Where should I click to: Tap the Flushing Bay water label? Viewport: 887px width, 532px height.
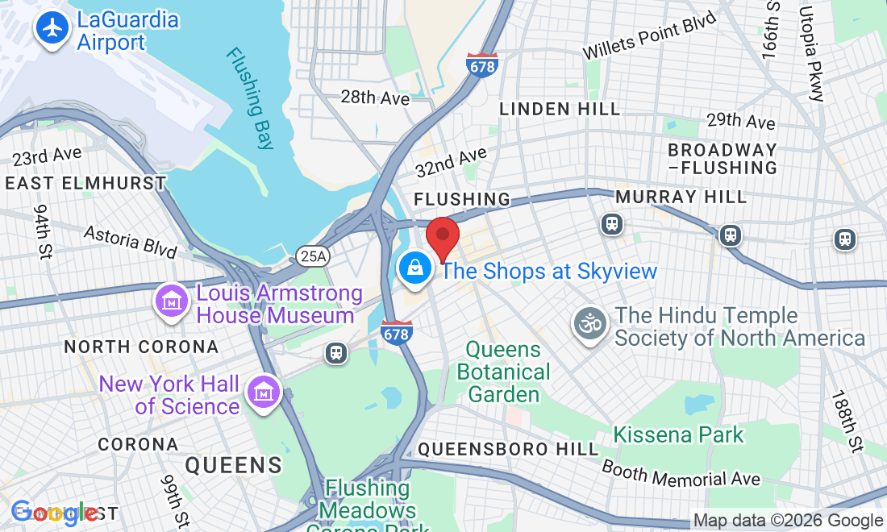pyautogui.click(x=250, y=98)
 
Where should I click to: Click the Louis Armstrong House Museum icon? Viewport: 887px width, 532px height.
pyautogui.click(x=171, y=303)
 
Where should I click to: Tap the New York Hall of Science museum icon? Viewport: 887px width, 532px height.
pyautogui.click(x=263, y=393)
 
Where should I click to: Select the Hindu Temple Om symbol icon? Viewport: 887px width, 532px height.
pyautogui.click(x=591, y=325)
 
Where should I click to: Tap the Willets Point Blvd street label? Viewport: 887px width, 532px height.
pyautogui.click(x=649, y=36)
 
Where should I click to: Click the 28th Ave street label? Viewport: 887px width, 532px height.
pyautogui.click(x=375, y=98)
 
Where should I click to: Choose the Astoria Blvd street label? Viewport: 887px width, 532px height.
pyautogui.click(x=131, y=241)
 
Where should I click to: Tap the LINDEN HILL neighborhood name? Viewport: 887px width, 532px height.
pyautogui.click(x=560, y=109)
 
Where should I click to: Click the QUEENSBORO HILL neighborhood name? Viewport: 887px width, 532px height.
pyautogui.click(x=508, y=449)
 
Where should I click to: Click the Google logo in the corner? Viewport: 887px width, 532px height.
pyautogui.click(x=53, y=512)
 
